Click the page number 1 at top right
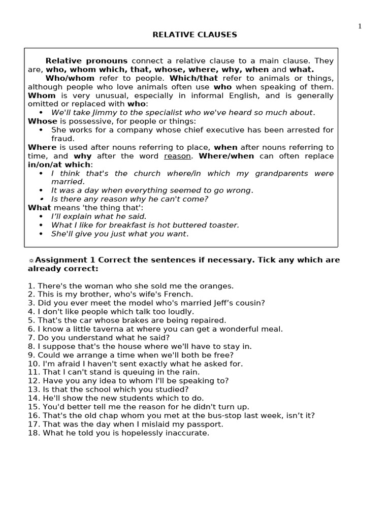[x=360, y=26]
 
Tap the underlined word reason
[x=177, y=156]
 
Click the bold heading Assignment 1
[x=63, y=260]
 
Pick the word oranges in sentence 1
[x=217, y=286]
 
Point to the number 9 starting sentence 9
[x=30, y=355]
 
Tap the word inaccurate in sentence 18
[x=189, y=433]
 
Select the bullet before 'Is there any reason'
[x=41, y=199]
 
